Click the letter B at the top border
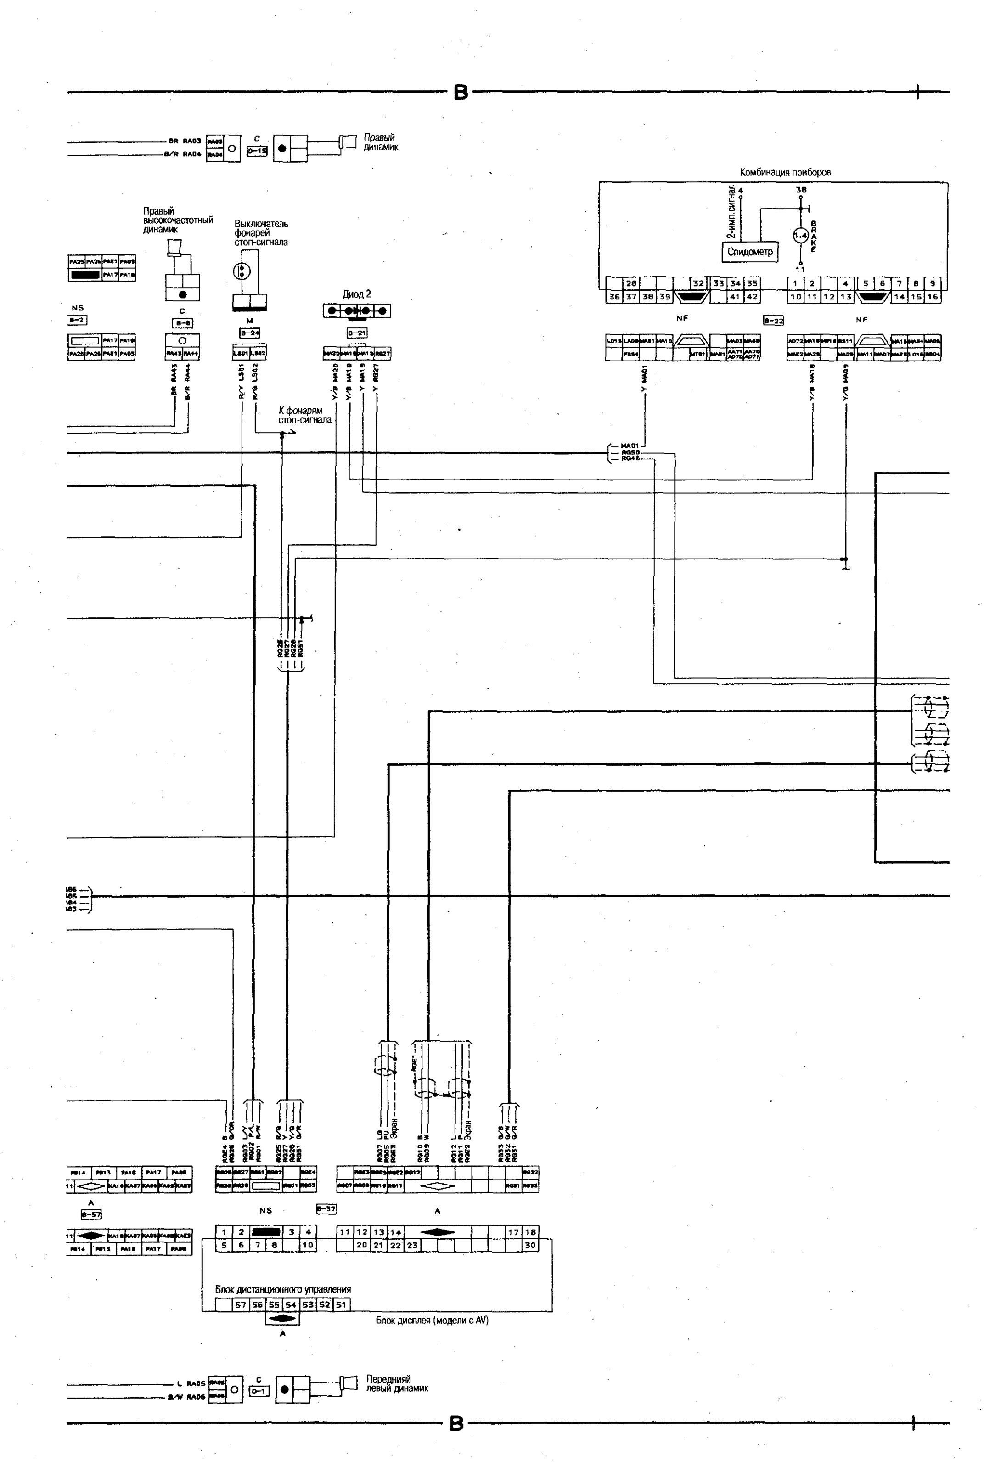click(x=461, y=93)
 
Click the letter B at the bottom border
click(x=457, y=1424)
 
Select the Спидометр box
click(x=750, y=252)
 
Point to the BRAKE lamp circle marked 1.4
click(x=800, y=236)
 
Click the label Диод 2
click(x=356, y=294)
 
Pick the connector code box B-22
click(x=773, y=320)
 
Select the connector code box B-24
click(x=250, y=333)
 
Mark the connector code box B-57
click(x=92, y=1215)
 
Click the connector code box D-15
click(x=257, y=151)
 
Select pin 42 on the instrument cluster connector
click(x=751, y=297)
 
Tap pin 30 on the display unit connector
click(x=530, y=1245)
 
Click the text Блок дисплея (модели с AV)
click(x=432, y=1320)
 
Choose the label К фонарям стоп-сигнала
click(x=305, y=415)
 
